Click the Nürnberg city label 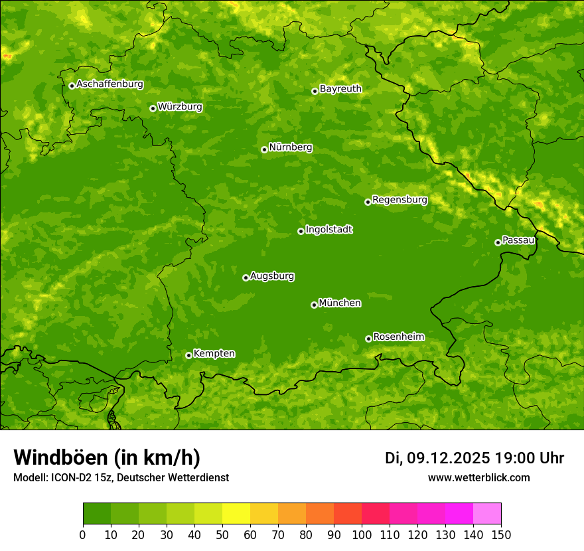tap(290, 147)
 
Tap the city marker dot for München tap(314, 305)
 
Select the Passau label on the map tap(518, 240)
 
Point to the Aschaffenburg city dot tap(72, 86)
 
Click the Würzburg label tap(180, 107)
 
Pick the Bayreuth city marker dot tap(315, 91)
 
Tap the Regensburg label tap(400, 200)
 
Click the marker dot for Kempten tap(188, 355)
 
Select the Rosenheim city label tap(398, 337)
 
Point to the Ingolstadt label tap(328, 230)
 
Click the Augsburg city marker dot tap(246, 277)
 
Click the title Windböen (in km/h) tap(107, 457)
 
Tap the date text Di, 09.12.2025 tap(437, 458)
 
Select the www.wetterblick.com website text tap(478, 477)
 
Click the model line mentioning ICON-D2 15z tap(121, 477)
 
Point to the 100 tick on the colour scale tap(362, 534)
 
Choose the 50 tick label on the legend tap(222, 534)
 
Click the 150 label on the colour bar tap(501, 534)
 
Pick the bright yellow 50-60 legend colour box tap(236, 513)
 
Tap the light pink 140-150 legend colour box tap(487, 513)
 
